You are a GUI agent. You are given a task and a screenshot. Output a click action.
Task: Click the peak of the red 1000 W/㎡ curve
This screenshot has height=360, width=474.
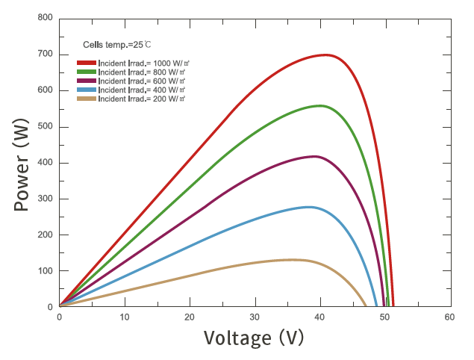[x=325, y=55]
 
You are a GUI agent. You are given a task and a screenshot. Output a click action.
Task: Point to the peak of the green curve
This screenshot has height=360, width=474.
[x=320, y=105]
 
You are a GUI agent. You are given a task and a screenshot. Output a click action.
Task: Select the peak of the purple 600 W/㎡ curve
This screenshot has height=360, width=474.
[x=314, y=156]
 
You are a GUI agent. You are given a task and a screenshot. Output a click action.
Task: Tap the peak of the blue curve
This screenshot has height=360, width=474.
[x=309, y=207]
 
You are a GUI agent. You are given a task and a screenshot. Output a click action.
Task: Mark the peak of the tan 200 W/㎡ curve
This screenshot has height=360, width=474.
[x=293, y=259]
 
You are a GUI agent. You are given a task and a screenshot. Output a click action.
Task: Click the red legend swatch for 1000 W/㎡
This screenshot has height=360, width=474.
[x=87, y=63]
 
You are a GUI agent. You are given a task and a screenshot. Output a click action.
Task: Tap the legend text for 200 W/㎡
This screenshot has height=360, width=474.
[x=142, y=99]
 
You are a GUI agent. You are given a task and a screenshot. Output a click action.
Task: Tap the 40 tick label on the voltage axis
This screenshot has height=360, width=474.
[x=319, y=317]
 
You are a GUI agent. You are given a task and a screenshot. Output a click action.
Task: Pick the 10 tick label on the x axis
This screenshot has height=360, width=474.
[x=125, y=317]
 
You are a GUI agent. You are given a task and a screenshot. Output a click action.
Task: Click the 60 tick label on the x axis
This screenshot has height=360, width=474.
[x=449, y=317]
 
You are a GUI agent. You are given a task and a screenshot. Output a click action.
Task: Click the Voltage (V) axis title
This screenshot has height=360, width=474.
[x=254, y=338]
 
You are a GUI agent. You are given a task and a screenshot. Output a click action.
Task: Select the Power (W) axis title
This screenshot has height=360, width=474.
[x=22, y=162]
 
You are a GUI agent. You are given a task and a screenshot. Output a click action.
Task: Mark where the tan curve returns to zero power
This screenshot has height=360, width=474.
[x=366, y=306]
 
